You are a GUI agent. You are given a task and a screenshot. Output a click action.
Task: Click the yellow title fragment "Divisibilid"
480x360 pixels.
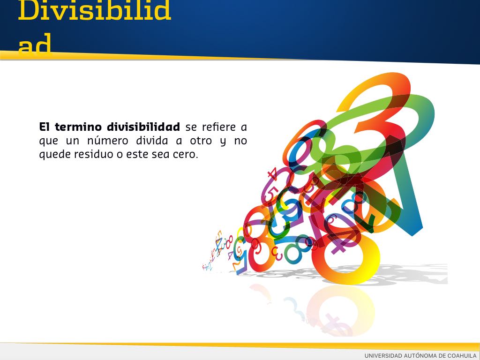click(x=94, y=10)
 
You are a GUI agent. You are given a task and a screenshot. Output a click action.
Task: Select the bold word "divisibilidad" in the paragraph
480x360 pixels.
click(x=143, y=127)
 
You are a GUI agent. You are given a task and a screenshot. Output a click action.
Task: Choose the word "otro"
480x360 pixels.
click(x=201, y=141)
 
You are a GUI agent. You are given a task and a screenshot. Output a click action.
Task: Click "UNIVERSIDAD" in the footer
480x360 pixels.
click(x=383, y=355)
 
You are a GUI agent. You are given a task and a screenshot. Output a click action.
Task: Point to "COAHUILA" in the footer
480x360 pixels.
click(x=462, y=355)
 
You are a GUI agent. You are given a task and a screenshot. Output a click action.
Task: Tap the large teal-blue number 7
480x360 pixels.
click(x=410, y=196)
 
